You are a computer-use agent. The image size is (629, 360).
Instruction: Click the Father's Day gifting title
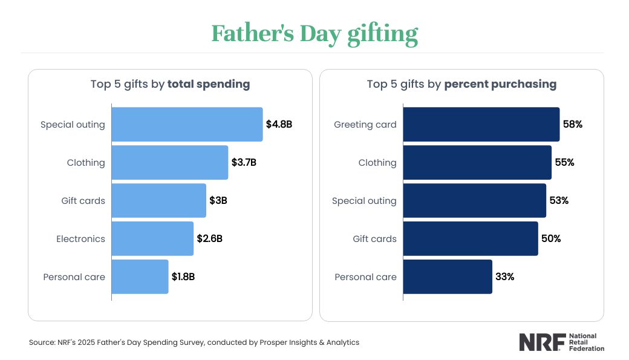tap(314, 34)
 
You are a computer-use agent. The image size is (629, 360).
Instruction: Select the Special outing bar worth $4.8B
tap(187, 125)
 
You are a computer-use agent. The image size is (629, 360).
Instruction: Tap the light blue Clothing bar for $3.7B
tap(170, 162)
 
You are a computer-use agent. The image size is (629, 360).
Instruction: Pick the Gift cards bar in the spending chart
tap(158, 200)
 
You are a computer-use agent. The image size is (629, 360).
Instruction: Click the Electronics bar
tap(152, 238)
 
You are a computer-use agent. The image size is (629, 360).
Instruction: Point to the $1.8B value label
tap(183, 277)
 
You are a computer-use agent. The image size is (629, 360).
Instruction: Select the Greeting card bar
tap(481, 125)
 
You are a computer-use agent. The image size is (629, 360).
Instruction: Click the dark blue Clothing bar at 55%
tap(477, 162)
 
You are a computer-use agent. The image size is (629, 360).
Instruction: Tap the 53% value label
tap(559, 200)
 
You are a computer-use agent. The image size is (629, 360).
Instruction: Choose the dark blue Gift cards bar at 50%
tap(471, 238)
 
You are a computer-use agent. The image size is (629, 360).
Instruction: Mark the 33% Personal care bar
tap(448, 277)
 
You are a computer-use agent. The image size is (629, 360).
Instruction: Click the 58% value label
tap(573, 125)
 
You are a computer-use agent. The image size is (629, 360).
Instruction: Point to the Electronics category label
tap(80, 239)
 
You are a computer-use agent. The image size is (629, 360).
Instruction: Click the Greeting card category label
tap(365, 125)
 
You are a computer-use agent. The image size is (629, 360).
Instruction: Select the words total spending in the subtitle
tap(209, 85)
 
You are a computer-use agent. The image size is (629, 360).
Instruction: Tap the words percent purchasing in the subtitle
tap(500, 85)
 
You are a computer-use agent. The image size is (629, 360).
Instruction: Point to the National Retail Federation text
tap(586, 342)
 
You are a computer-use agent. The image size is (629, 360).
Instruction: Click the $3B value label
tap(218, 200)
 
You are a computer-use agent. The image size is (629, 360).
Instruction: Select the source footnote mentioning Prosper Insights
tap(194, 342)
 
